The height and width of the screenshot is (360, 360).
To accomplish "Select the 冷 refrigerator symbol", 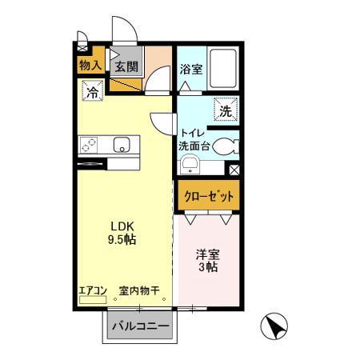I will pyautogui.click(x=92, y=92).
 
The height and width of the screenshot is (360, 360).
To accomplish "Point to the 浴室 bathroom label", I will pyautogui.click(x=190, y=69).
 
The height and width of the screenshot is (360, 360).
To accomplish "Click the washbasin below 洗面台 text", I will pyautogui.click(x=190, y=165).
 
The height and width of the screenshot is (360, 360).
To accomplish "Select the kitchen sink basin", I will pyautogui.click(x=122, y=145).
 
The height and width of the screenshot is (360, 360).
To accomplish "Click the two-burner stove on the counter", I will pyautogui.click(x=88, y=145).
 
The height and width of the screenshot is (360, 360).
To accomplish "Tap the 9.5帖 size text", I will pyautogui.click(x=122, y=239).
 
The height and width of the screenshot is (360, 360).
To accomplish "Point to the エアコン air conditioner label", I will pyautogui.click(x=92, y=291).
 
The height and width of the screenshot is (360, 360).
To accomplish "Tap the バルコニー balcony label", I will pyautogui.click(x=139, y=326).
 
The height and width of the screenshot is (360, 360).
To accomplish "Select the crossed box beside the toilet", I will pyautogui.click(x=234, y=170).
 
